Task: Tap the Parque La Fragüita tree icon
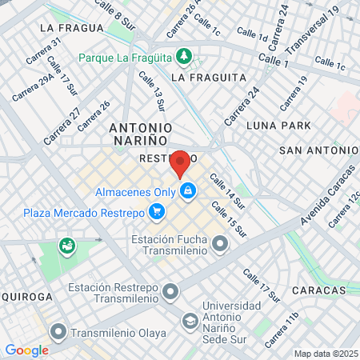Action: [x=185, y=57]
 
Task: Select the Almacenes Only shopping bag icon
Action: [x=188, y=192]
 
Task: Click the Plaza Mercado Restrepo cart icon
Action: [x=158, y=213]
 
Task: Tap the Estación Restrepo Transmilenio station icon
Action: [x=170, y=293]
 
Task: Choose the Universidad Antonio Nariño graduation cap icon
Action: [x=190, y=320]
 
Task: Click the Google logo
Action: [x=26, y=350]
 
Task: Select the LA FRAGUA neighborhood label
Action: [x=71, y=27]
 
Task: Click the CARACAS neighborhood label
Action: [x=319, y=290]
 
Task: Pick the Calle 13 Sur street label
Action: [x=150, y=90]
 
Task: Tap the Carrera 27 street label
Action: [x=62, y=127]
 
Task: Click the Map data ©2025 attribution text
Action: [x=325, y=354]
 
